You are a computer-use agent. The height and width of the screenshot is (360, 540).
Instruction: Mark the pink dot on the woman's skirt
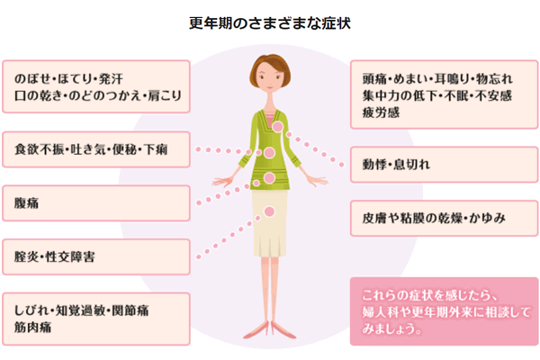(x=270, y=211)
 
